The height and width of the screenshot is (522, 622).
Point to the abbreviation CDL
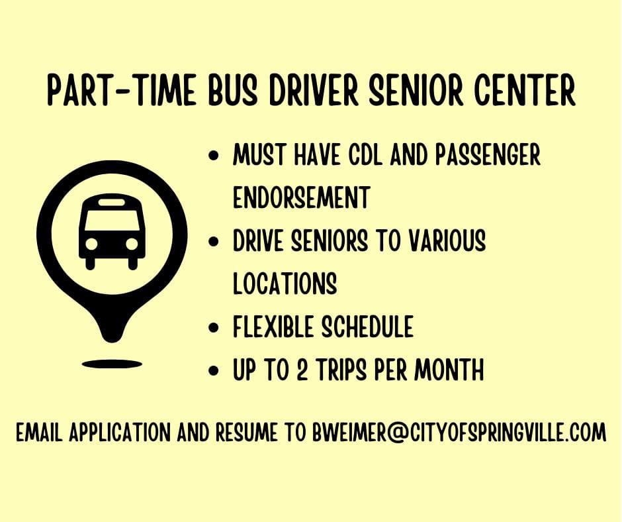tap(365, 154)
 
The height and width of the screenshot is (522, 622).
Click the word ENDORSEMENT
tap(302, 197)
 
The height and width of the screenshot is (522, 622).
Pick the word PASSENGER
tap(488, 154)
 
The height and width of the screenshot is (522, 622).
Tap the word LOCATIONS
tap(285, 283)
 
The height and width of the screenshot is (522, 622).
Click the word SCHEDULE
tap(367, 326)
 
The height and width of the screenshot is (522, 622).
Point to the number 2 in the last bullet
tap(302, 370)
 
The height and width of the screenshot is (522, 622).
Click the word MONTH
tap(449, 370)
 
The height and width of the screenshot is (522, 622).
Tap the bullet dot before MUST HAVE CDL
tap(214, 154)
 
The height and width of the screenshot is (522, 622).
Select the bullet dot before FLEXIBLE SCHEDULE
tap(214, 327)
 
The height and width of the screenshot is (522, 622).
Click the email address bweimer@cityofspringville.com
tap(459, 432)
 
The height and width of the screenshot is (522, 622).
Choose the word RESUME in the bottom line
tap(246, 432)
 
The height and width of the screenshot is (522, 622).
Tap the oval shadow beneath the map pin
tap(112, 364)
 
